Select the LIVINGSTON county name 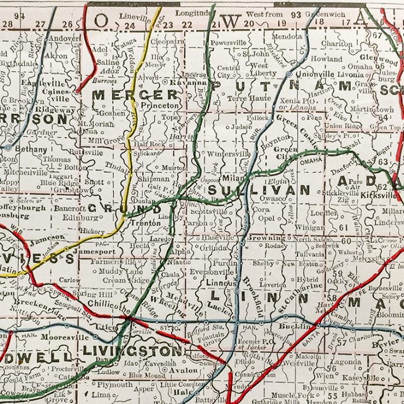[133, 350]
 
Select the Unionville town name [315, 74]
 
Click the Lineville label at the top [134, 17]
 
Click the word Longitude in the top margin [193, 13]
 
